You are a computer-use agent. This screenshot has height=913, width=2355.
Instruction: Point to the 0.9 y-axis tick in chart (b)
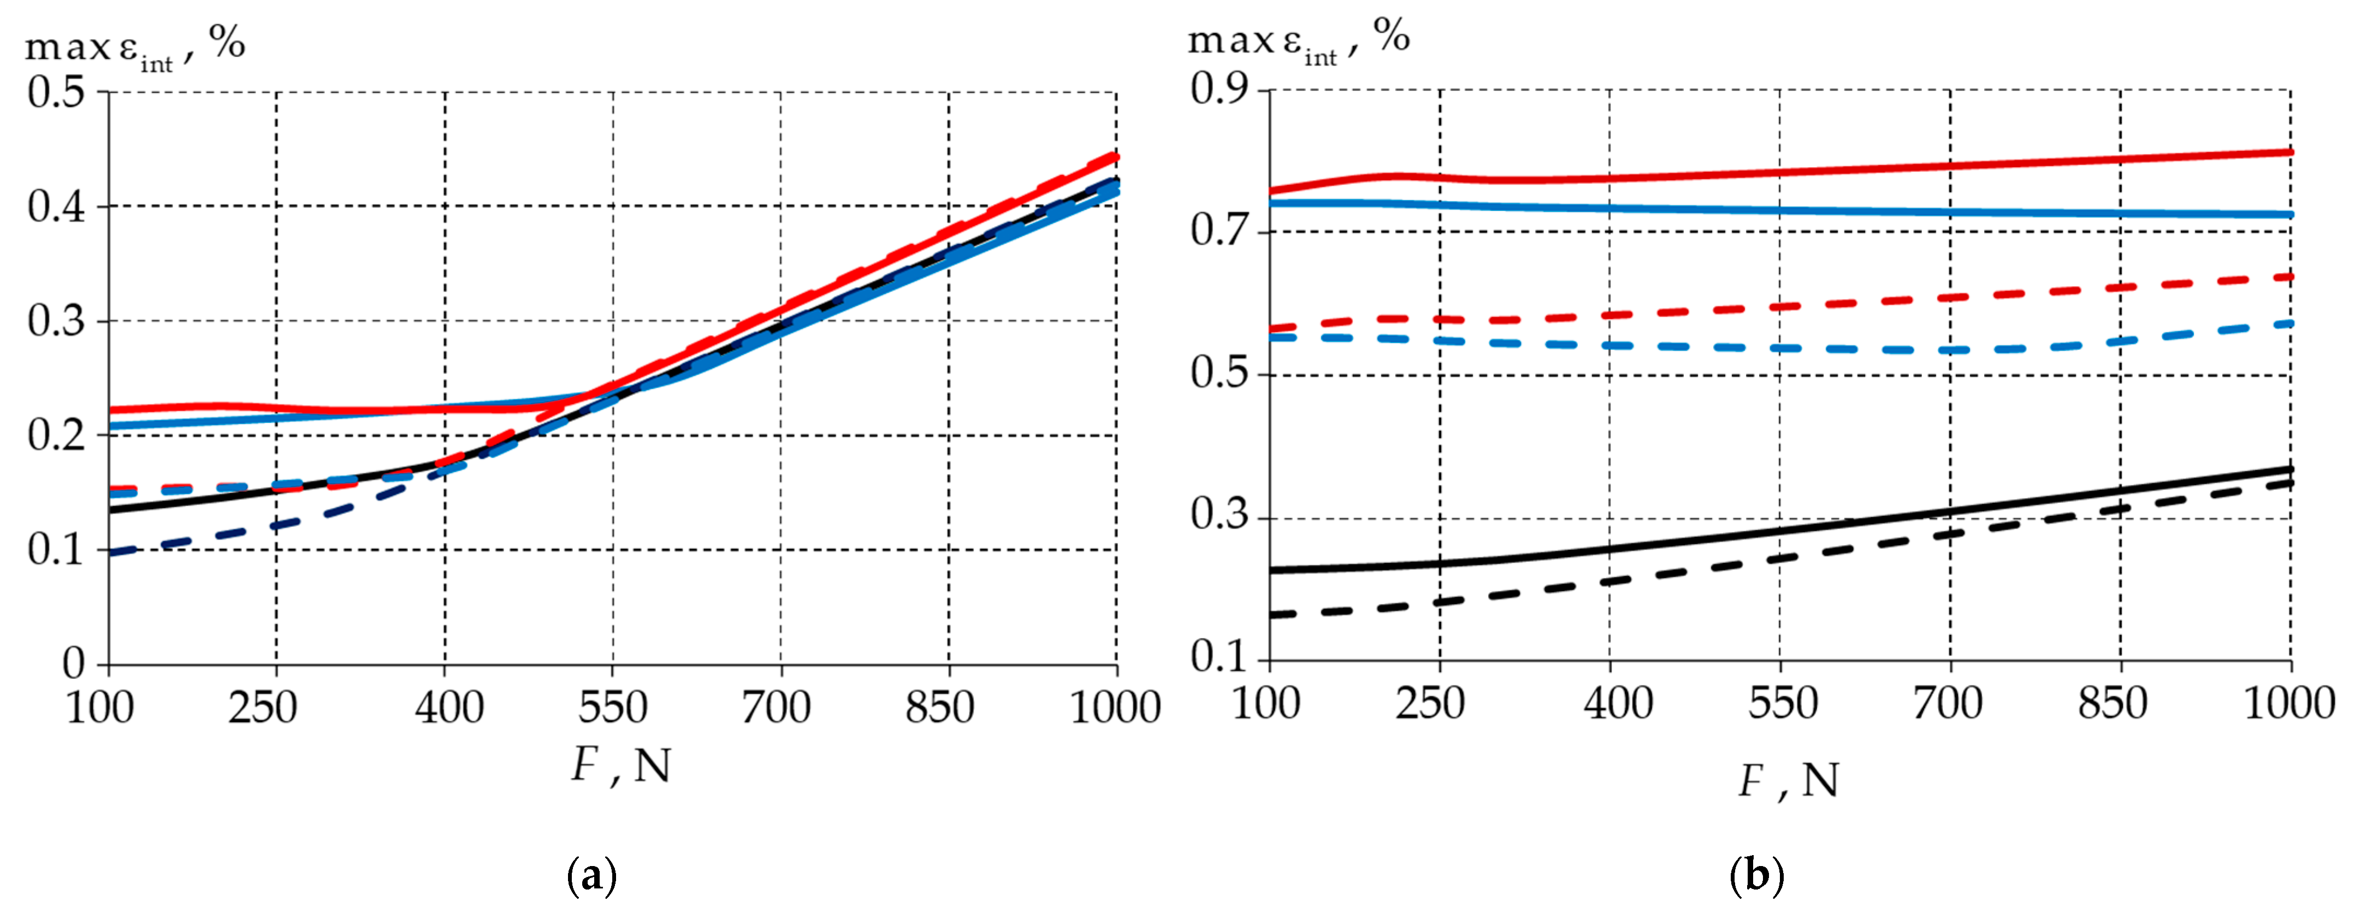pos(1218,88)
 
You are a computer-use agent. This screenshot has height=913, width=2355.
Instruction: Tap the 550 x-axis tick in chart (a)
pos(613,707)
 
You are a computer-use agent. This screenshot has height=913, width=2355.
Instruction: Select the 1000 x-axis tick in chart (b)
pos(2289,704)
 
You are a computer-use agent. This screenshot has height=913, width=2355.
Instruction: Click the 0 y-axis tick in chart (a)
pos(73,663)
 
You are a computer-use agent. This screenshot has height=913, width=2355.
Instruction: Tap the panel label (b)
pos(1756,875)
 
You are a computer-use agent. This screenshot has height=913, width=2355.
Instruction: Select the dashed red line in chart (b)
pos(1829,304)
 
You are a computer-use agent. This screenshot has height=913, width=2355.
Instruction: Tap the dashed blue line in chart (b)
pos(1829,348)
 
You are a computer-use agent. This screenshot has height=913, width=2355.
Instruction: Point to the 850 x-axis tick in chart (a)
pos(940,707)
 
